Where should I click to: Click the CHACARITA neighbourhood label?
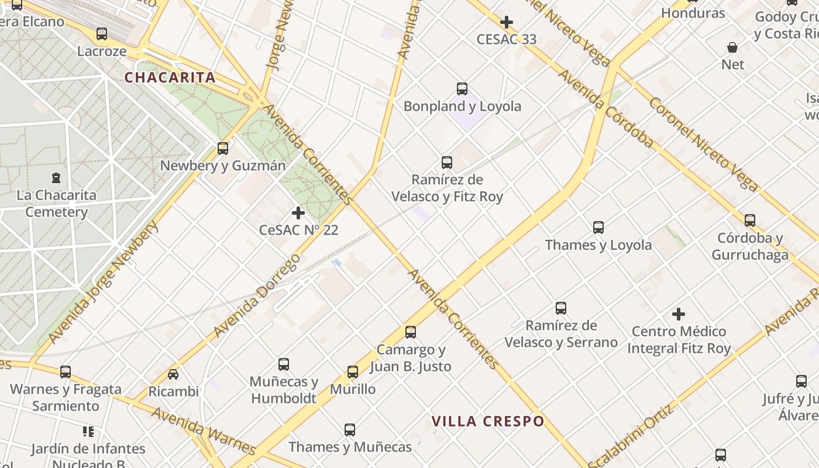170,77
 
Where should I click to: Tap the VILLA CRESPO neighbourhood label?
488,421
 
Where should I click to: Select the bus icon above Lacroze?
102,34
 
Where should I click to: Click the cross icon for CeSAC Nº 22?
298,213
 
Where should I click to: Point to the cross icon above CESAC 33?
507,23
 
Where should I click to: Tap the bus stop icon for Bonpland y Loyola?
462,89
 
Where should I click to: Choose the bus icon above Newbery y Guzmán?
223,149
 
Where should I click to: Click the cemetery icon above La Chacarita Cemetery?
56,177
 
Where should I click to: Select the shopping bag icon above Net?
732,47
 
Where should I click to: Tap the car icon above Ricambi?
173,374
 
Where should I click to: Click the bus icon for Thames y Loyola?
598,228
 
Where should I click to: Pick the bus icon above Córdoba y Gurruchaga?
750,221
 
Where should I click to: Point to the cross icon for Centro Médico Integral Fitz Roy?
679,315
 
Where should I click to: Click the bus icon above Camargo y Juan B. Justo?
411,332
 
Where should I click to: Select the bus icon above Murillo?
353,372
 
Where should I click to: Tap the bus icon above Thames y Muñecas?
350,430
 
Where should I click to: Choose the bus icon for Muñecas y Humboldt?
284,364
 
